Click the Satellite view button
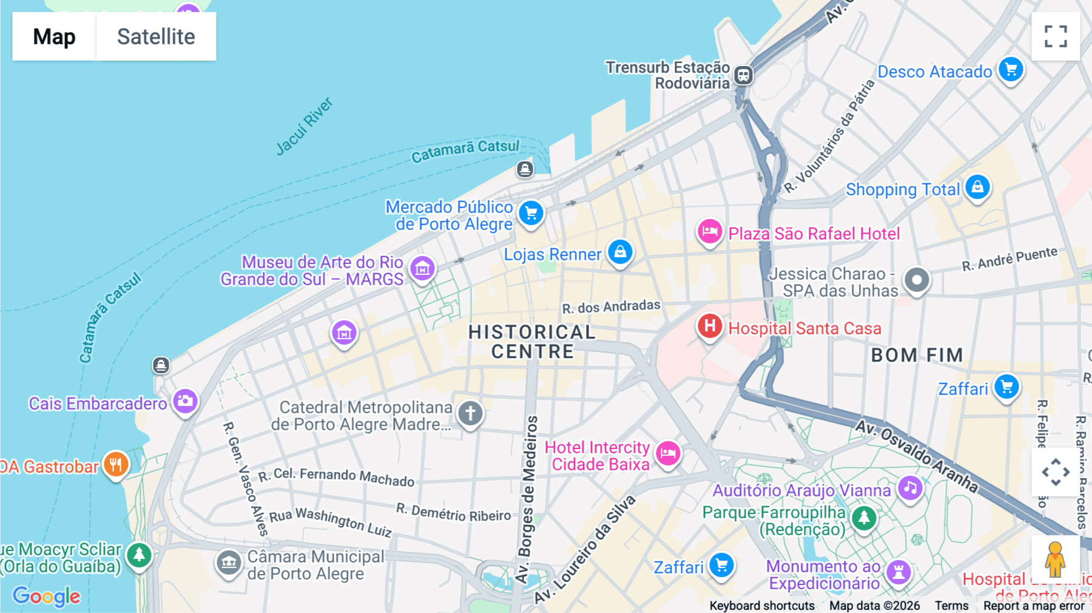pos(156,36)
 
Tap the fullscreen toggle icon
pos(1056,36)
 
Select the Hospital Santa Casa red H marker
pos(709,327)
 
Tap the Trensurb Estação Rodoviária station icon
pos(743,75)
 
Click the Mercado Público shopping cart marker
pos(531,213)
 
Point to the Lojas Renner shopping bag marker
pos(620,251)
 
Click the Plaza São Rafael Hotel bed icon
pos(709,231)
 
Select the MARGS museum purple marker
pos(422,268)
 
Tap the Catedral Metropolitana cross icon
pos(470,413)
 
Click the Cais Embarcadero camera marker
pos(185,401)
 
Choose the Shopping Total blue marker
pos(977,187)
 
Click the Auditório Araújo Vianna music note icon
pos(910,487)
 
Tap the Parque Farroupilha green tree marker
pos(864,518)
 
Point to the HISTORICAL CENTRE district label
pos(532,342)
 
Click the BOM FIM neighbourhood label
pos(917,355)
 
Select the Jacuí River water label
pos(305,126)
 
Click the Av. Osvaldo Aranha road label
pos(916,455)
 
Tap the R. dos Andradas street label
pos(611,306)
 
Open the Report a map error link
pos(1034,606)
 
